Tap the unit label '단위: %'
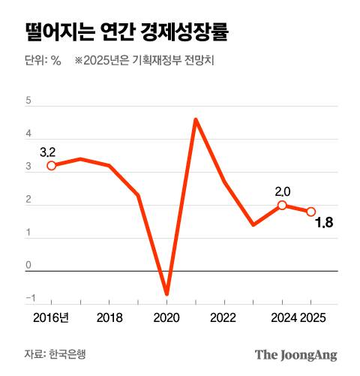click(x=43, y=62)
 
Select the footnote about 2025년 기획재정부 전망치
click(x=145, y=62)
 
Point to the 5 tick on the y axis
click(x=28, y=100)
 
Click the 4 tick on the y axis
click(x=28, y=133)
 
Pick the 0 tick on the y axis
click(x=28, y=265)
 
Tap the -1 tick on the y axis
click(x=28, y=298)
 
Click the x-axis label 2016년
click(x=51, y=317)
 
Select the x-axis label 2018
click(x=109, y=317)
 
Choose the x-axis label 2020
click(x=166, y=317)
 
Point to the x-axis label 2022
click(x=224, y=317)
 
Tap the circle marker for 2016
click(x=51, y=166)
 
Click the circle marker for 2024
click(x=282, y=205)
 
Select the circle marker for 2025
click(x=310, y=212)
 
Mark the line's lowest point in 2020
click(x=166, y=293)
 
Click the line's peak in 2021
click(x=195, y=119)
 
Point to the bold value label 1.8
click(x=325, y=222)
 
